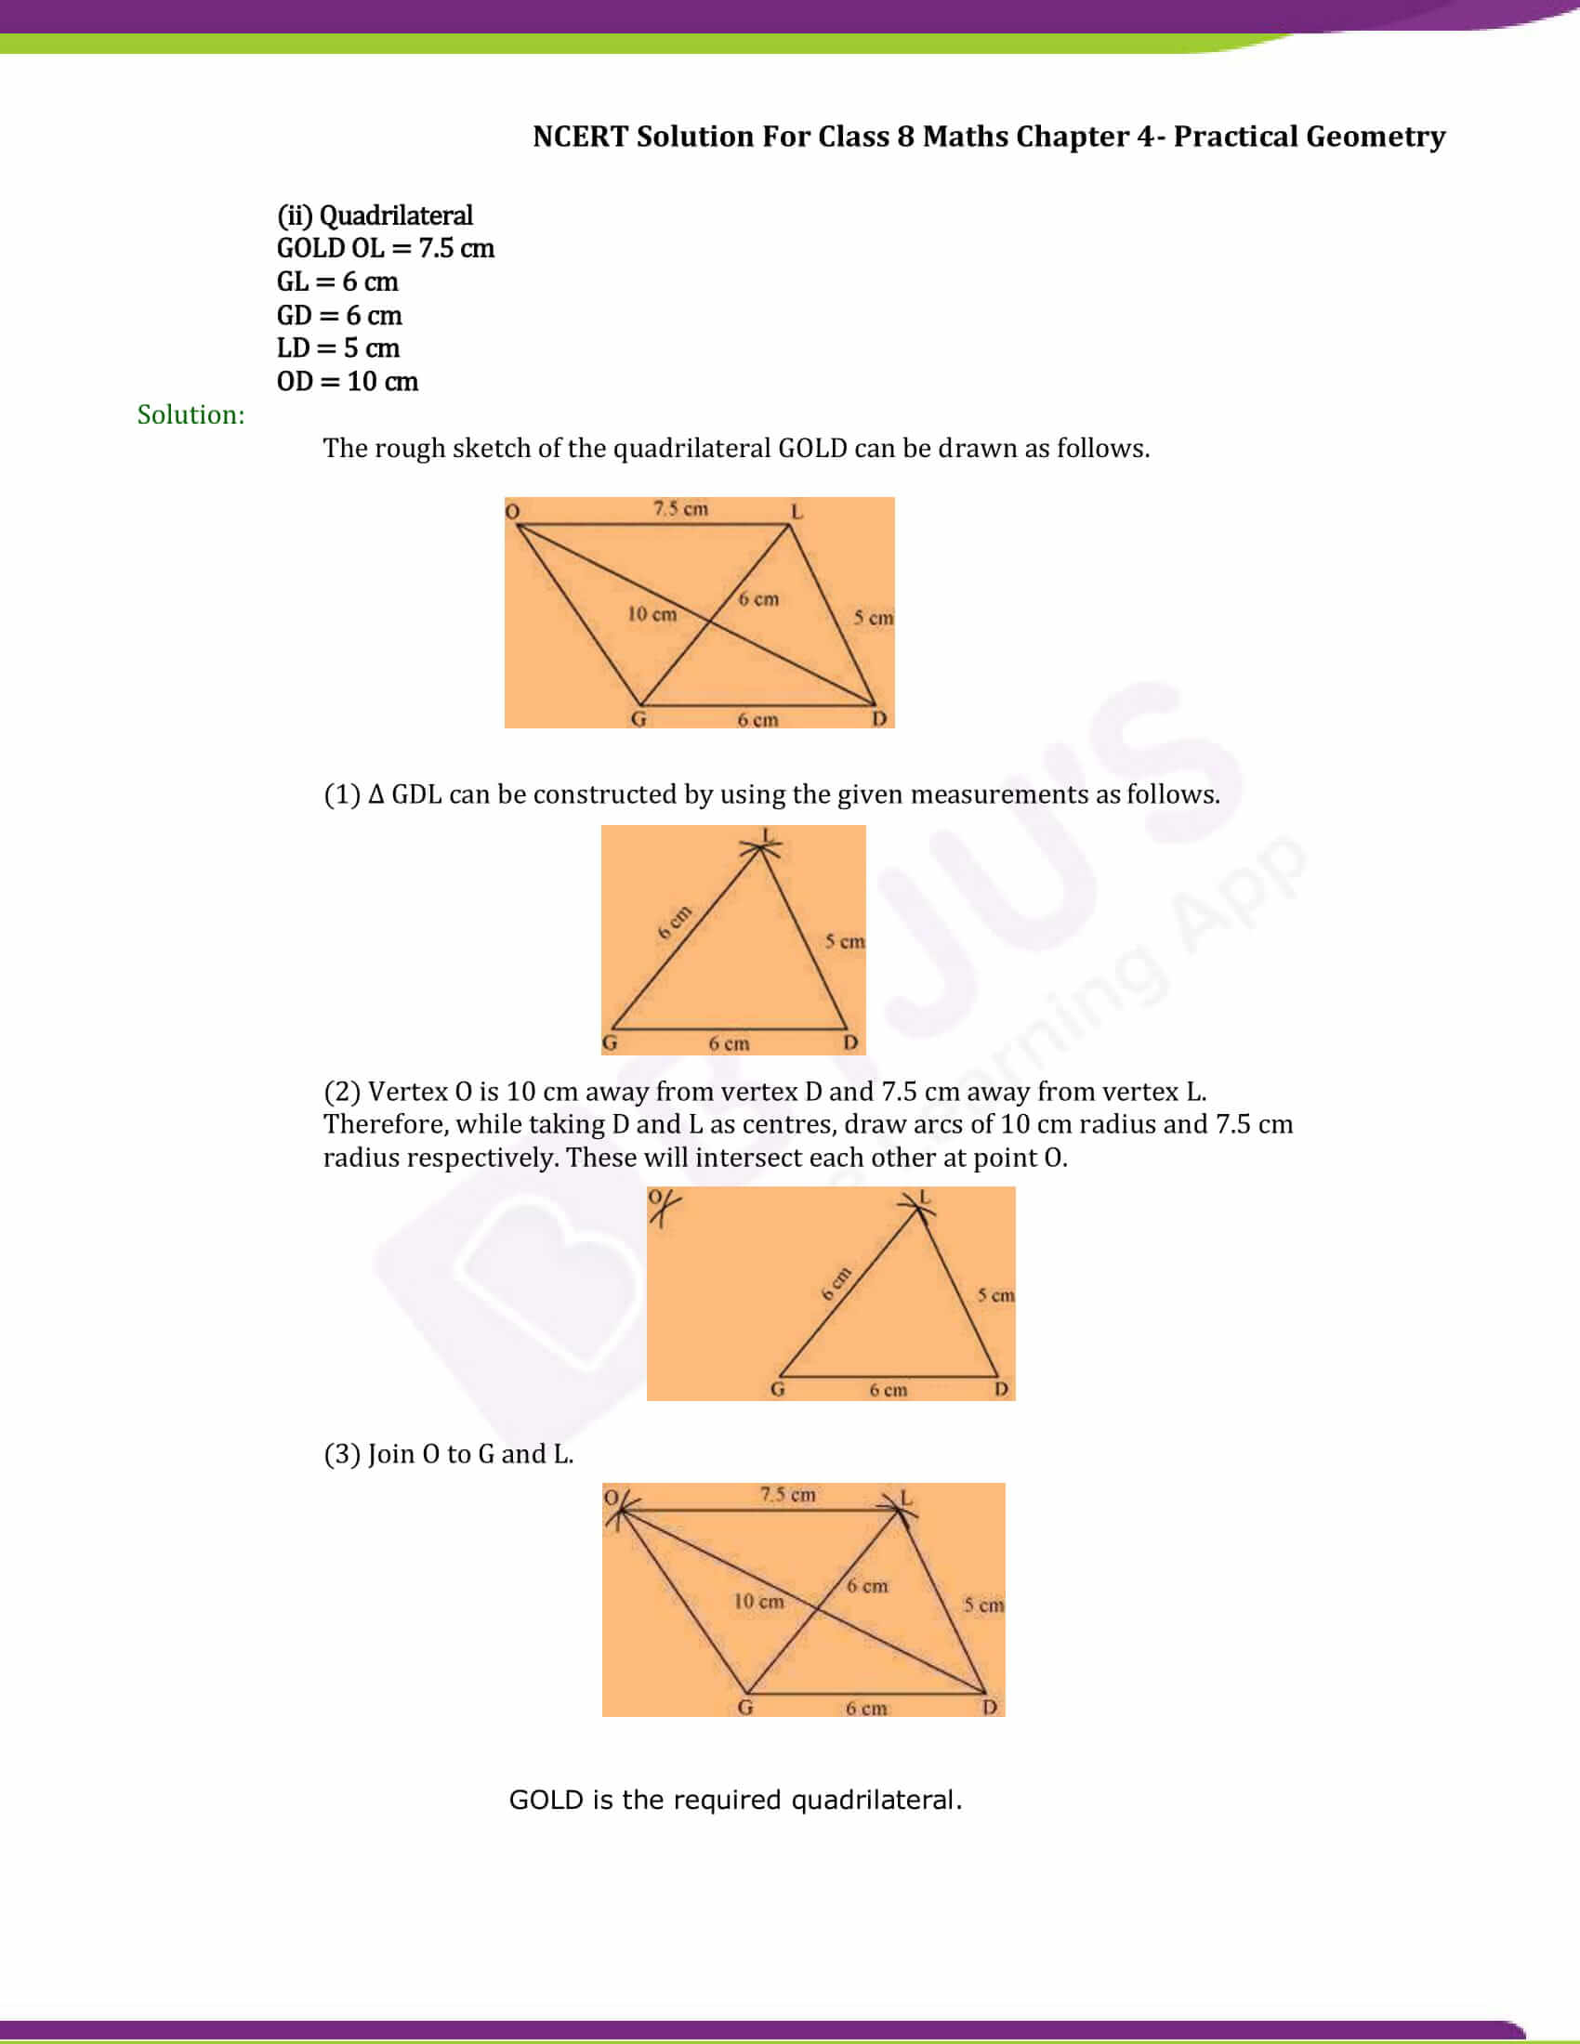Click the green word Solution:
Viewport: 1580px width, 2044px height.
pos(191,414)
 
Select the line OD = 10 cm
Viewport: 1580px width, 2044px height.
pos(348,381)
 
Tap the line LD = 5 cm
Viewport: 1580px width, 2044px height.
pos(338,347)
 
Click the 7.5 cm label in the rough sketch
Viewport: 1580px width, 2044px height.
pos(680,509)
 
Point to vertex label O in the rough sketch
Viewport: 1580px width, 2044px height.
pos(512,511)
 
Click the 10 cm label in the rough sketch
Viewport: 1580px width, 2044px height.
pos(652,614)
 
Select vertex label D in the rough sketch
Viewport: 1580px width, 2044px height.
pos(879,719)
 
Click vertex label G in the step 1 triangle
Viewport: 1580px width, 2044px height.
pos(610,1042)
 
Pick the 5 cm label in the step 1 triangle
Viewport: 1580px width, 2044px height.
pos(844,941)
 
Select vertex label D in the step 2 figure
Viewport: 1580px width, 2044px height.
pos(1001,1389)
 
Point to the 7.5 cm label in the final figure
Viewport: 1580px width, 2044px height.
pos(787,1495)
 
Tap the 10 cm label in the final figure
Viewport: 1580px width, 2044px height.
pos(758,1602)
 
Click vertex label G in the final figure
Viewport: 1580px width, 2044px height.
pos(745,1707)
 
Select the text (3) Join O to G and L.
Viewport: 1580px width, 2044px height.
pos(448,1453)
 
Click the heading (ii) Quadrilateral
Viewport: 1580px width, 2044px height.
pos(375,216)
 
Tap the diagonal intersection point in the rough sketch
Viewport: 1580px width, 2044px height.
pos(710,620)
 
